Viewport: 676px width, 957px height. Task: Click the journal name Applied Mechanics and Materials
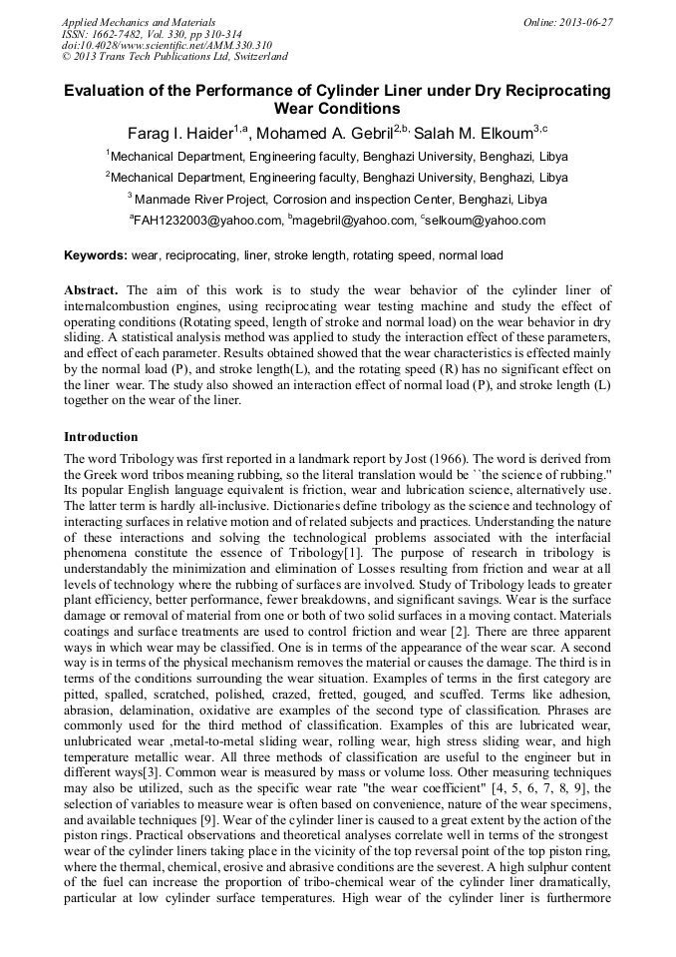coord(138,21)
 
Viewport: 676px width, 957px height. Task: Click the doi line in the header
coord(166,45)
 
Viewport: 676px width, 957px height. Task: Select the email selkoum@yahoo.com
coord(486,221)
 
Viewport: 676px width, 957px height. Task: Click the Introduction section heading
coord(101,436)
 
